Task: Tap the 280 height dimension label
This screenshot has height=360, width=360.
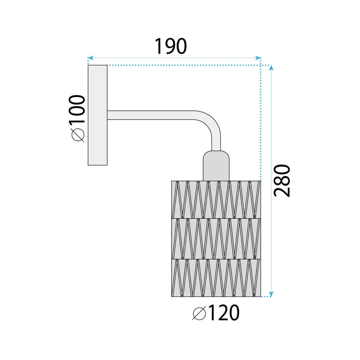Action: [x=282, y=181]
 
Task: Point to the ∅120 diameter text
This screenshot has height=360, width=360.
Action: [x=216, y=313]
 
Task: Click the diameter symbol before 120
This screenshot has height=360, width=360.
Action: [x=199, y=313]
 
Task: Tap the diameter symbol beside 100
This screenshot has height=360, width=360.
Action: [x=78, y=135]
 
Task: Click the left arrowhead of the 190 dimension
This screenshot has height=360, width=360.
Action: [x=90, y=58]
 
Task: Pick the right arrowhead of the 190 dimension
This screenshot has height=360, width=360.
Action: [x=258, y=58]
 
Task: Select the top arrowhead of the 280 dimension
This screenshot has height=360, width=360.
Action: [x=271, y=68]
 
